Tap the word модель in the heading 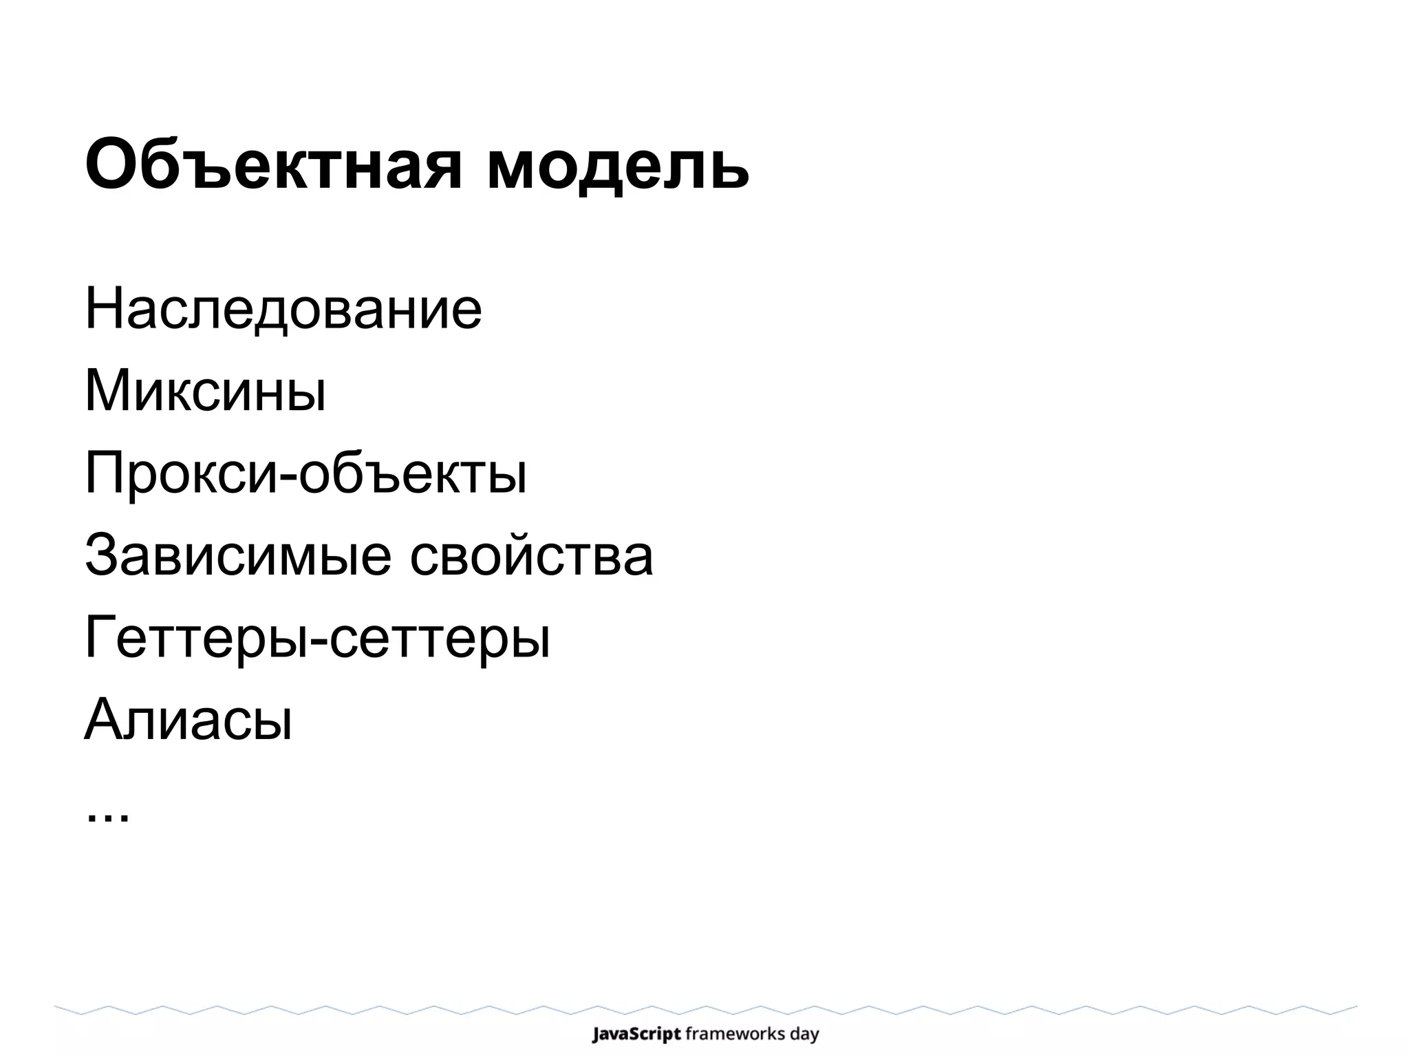pos(617,165)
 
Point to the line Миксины pos(205,391)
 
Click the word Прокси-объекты pos(305,473)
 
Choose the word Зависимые pos(237,556)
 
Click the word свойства pos(531,556)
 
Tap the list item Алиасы pos(189,720)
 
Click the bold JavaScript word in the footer pos(636,1034)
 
